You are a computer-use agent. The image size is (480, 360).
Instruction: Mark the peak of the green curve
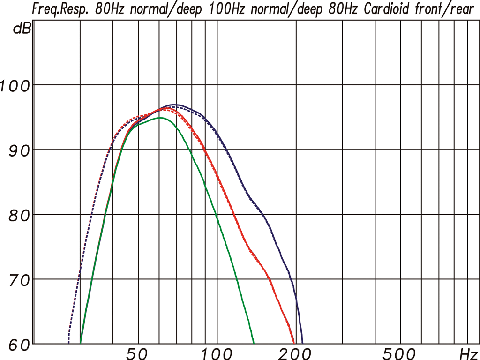(x=160, y=118)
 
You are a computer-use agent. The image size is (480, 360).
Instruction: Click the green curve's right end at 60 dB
(x=254, y=343)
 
